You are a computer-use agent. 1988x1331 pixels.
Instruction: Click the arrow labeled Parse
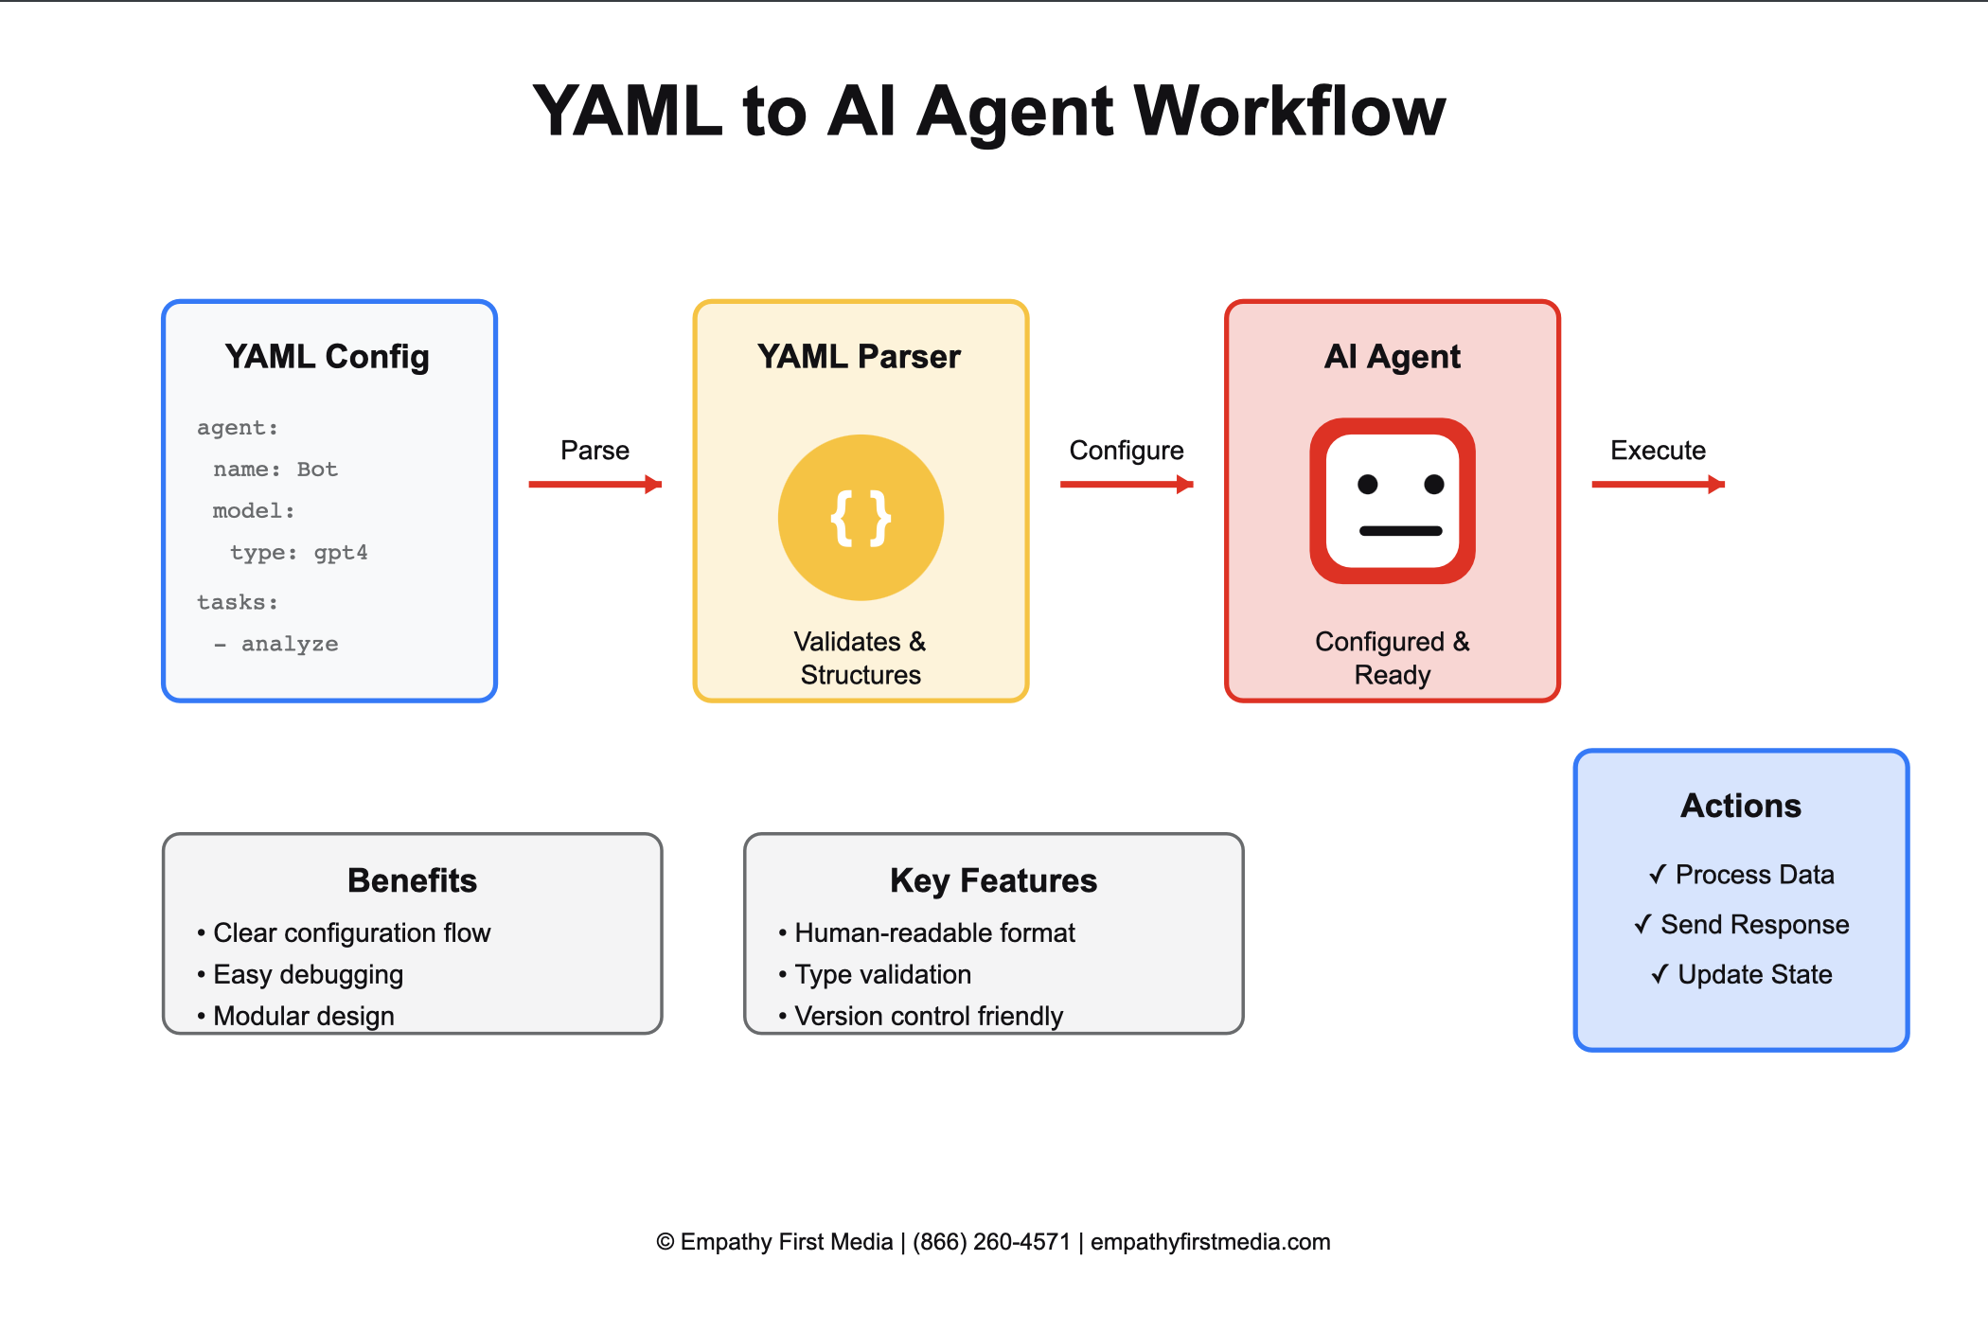[595, 485]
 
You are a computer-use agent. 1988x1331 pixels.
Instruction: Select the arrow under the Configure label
[1126, 485]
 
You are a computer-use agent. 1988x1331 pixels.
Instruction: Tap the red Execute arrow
[1658, 485]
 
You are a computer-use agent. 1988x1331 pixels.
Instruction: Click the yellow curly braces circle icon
[861, 518]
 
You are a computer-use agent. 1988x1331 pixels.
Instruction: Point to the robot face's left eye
[1367, 485]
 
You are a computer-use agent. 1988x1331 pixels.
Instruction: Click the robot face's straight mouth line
[1400, 531]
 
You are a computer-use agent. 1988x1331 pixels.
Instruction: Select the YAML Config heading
[327, 357]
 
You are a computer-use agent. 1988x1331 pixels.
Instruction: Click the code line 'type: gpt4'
[298, 553]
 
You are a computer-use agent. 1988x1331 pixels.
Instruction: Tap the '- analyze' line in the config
[276, 645]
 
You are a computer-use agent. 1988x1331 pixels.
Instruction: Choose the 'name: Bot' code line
[275, 470]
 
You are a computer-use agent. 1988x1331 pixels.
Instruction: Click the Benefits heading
[412, 880]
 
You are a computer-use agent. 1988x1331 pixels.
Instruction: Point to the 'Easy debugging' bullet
[308, 974]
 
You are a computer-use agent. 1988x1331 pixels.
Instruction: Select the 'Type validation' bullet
[882, 974]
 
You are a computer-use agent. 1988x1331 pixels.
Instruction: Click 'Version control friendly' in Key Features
[928, 1016]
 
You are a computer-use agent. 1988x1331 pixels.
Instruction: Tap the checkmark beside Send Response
[1643, 924]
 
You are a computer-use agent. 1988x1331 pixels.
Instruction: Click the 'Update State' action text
[1754, 974]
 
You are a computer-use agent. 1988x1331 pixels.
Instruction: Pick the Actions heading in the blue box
[1740, 806]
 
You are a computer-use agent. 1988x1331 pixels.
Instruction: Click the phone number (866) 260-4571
[991, 1242]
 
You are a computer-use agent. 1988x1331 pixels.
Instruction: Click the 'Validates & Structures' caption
[861, 658]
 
